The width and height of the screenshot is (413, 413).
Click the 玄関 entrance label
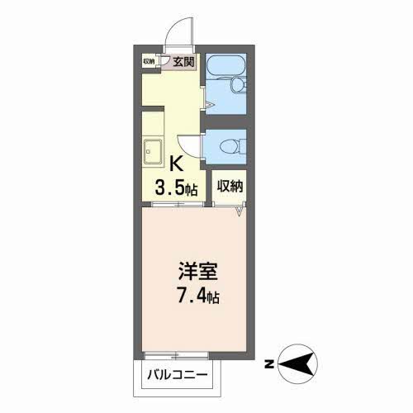click(183, 60)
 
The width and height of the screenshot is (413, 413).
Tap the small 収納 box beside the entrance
click(149, 60)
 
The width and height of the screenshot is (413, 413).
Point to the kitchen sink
click(152, 152)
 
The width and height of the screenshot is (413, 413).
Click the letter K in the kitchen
click(175, 164)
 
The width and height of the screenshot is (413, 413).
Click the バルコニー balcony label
click(178, 377)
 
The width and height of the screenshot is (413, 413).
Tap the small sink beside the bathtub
click(238, 85)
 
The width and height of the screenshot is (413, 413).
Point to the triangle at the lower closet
click(240, 212)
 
